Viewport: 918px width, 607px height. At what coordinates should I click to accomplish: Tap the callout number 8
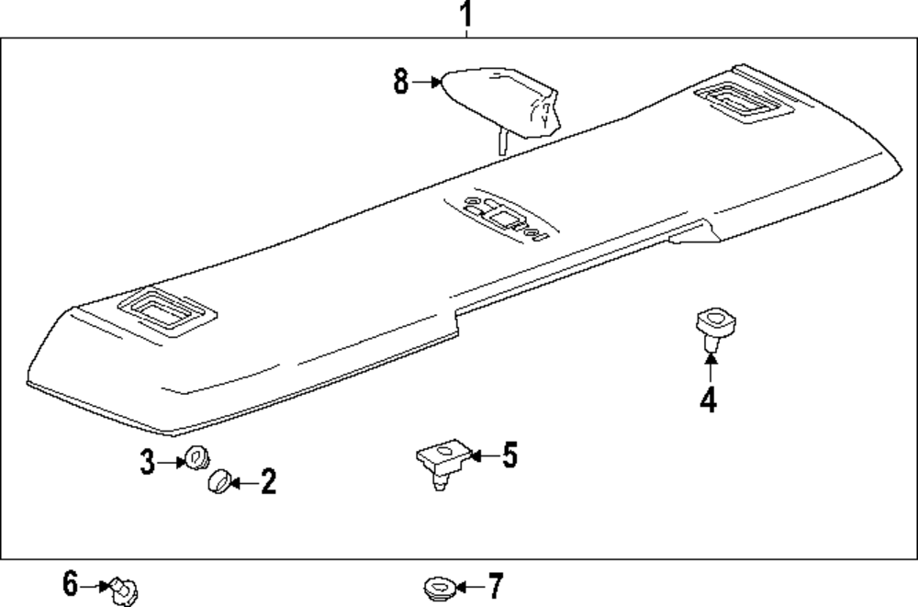tap(401, 82)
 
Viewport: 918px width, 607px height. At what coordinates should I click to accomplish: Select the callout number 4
tap(708, 401)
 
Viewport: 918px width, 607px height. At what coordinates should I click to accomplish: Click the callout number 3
tap(147, 463)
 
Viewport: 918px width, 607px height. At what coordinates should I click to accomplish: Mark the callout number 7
tap(495, 584)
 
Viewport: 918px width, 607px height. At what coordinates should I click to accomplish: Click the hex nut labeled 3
tap(195, 457)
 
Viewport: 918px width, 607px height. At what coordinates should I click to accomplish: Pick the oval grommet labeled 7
tap(438, 585)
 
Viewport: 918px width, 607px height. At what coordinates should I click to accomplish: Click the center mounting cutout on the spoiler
tap(500, 218)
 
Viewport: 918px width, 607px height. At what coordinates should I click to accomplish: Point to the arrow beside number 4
tap(710, 371)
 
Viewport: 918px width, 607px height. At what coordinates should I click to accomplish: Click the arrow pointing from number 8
tap(428, 82)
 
